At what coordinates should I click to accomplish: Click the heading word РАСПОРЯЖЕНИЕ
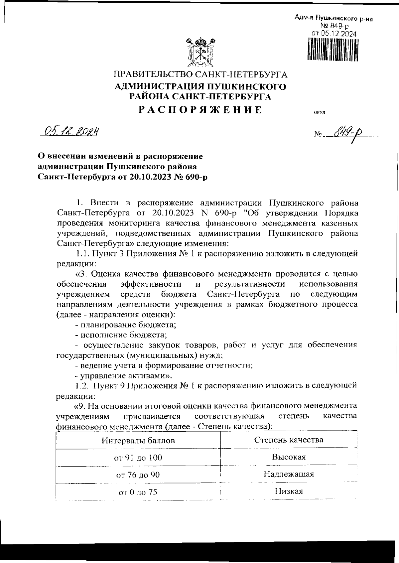[200, 110]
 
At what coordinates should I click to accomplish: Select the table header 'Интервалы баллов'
[138, 441]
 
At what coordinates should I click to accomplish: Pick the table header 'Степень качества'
[289, 440]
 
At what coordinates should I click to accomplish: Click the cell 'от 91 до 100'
[138, 458]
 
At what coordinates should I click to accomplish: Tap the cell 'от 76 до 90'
[138, 475]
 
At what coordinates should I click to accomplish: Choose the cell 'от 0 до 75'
[138, 492]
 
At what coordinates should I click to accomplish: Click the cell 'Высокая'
[289, 457]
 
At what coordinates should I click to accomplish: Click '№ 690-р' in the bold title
[190, 177]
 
